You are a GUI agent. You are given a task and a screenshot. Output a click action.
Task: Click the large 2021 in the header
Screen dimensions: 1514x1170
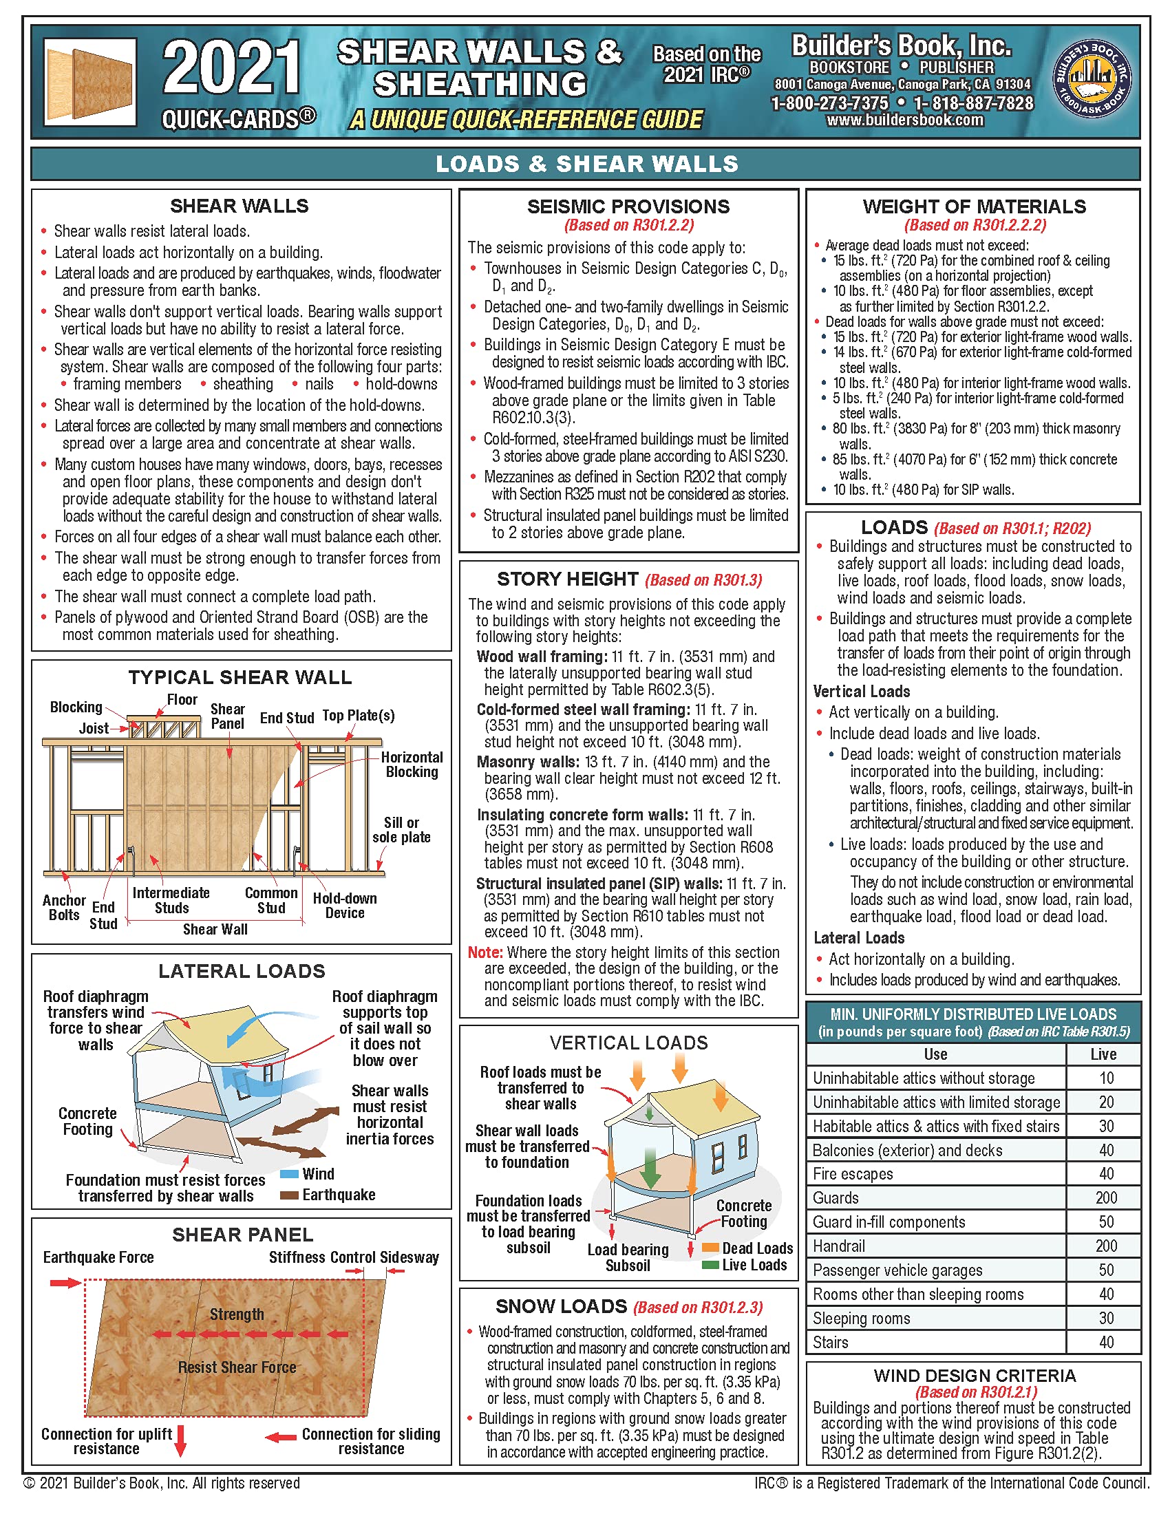click(x=231, y=68)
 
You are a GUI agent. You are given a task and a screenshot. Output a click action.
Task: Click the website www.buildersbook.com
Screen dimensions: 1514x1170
click(x=904, y=120)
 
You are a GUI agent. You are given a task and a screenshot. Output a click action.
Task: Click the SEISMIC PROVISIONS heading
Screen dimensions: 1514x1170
click(x=628, y=206)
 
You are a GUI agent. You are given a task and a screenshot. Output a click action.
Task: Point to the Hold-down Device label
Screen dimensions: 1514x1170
click(x=345, y=906)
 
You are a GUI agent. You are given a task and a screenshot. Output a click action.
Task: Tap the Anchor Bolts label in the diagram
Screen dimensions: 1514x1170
click(x=64, y=908)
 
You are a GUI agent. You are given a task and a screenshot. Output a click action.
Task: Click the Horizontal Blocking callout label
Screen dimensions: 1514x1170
click(x=412, y=765)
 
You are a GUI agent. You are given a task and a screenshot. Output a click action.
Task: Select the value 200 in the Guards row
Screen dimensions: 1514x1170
click(x=1105, y=1198)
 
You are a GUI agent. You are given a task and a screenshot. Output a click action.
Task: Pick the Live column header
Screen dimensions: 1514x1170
click(x=1103, y=1054)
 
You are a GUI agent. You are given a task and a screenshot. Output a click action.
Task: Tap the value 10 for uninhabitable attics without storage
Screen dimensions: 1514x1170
click(x=1106, y=1078)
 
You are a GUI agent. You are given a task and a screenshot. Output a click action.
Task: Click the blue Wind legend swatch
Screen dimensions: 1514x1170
click(x=289, y=1174)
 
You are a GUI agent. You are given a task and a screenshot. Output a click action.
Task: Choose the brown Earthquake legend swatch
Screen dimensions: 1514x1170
click(x=289, y=1195)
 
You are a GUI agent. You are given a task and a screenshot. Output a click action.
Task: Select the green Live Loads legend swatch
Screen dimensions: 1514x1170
click(x=710, y=1265)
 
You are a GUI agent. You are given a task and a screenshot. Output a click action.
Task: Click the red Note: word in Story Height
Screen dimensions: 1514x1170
click(x=484, y=952)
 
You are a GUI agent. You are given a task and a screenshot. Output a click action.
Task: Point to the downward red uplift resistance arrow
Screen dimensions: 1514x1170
click(x=181, y=1440)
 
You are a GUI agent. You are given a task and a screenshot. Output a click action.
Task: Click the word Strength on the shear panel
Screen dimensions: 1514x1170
click(x=237, y=1314)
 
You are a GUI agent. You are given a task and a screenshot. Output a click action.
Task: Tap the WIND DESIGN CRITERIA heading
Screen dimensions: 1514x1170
click(x=975, y=1376)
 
